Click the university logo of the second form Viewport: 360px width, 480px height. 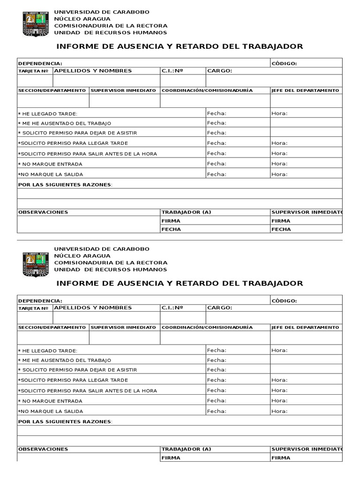point(35,263)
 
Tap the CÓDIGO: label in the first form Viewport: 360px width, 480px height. point(284,63)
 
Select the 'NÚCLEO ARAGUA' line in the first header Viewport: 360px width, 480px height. point(82,19)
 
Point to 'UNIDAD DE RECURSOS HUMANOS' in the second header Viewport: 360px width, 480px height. point(111,270)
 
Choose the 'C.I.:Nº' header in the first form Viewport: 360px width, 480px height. point(172,71)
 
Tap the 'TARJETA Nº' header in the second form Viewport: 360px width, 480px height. point(33,308)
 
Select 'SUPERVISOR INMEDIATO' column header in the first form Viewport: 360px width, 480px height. point(123,90)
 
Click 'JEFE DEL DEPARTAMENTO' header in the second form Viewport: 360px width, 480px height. point(305,327)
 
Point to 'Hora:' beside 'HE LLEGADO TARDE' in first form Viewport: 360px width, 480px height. point(279,113)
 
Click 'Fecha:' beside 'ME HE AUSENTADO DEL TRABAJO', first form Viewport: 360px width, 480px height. point(217,123)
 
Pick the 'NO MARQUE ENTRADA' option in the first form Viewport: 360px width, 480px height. point(50,164)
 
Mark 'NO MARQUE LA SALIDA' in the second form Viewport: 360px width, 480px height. point(50,412)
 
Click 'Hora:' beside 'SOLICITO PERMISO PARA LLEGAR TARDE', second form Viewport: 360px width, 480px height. point(279,380)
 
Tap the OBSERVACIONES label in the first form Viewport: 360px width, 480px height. point(43,212)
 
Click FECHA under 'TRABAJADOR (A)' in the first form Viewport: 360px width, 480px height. point(171,229)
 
